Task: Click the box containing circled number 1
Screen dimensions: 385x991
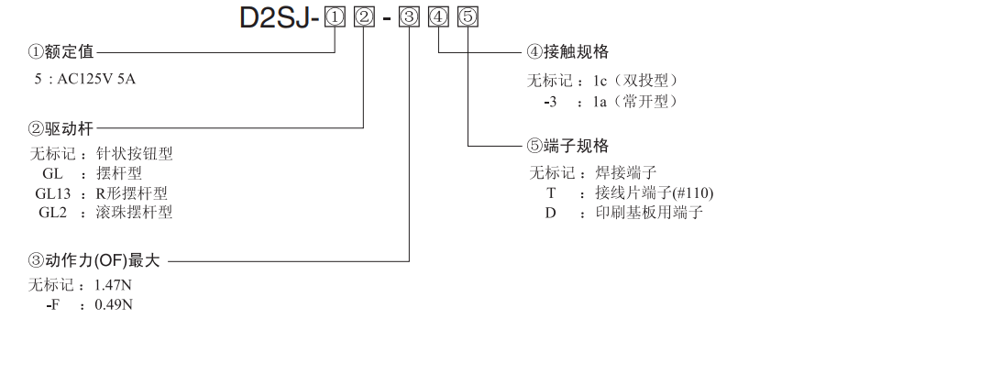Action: [336, 17]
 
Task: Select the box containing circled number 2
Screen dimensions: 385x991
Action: [364, 17]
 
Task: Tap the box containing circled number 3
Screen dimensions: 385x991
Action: [411, 17]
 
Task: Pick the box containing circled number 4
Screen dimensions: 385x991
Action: [439, 17]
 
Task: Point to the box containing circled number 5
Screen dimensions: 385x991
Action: [468, 17]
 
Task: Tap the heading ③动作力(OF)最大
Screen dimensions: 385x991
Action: [94, 260]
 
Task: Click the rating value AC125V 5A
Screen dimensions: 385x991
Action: [96, 79]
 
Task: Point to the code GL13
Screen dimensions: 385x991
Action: [51, 193]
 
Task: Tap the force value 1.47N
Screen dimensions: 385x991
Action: [114, 285]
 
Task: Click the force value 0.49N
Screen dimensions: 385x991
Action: [114, 303]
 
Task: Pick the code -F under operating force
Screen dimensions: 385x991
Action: [52, 303]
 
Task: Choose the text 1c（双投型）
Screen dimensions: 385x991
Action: [638, 81]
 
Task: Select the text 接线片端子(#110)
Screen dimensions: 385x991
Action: [654, 192]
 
